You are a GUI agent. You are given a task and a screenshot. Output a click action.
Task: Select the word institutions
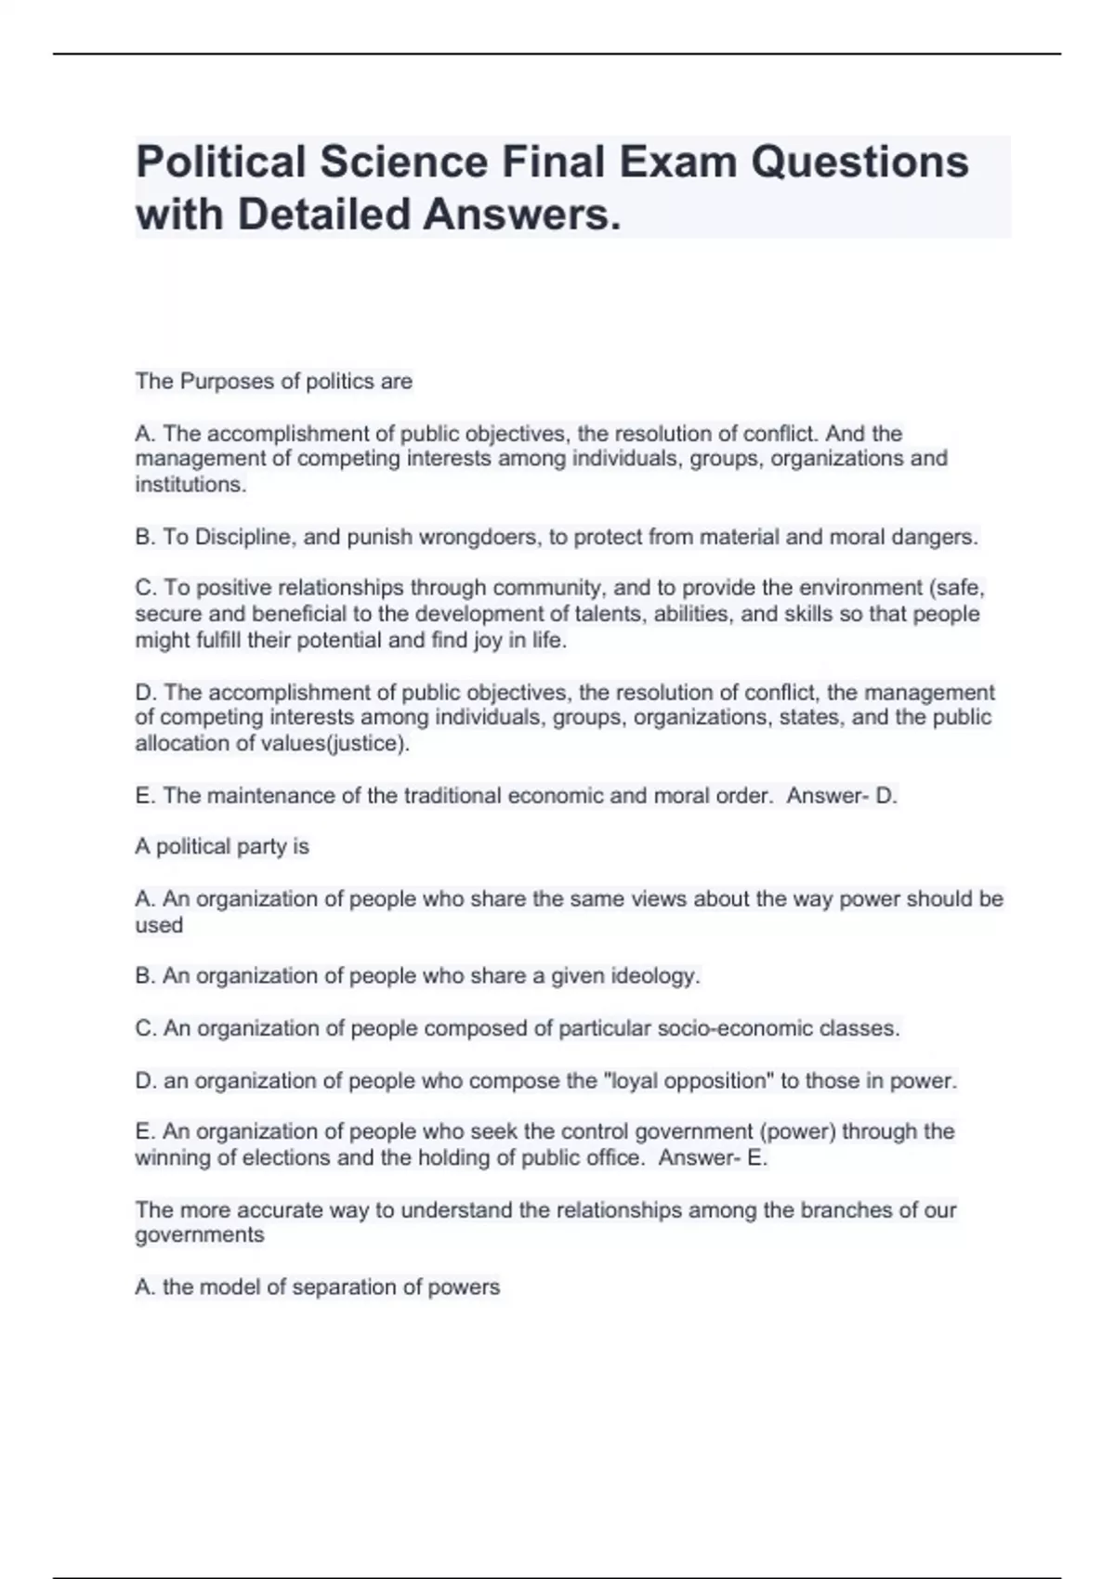[x=190, y=484]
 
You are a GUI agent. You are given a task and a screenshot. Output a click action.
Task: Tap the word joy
[x=488, y=640]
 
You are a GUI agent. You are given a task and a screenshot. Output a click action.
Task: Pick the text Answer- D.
[x=842, y=795]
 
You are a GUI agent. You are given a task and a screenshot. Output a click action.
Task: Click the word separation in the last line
[x=337, y=1286]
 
